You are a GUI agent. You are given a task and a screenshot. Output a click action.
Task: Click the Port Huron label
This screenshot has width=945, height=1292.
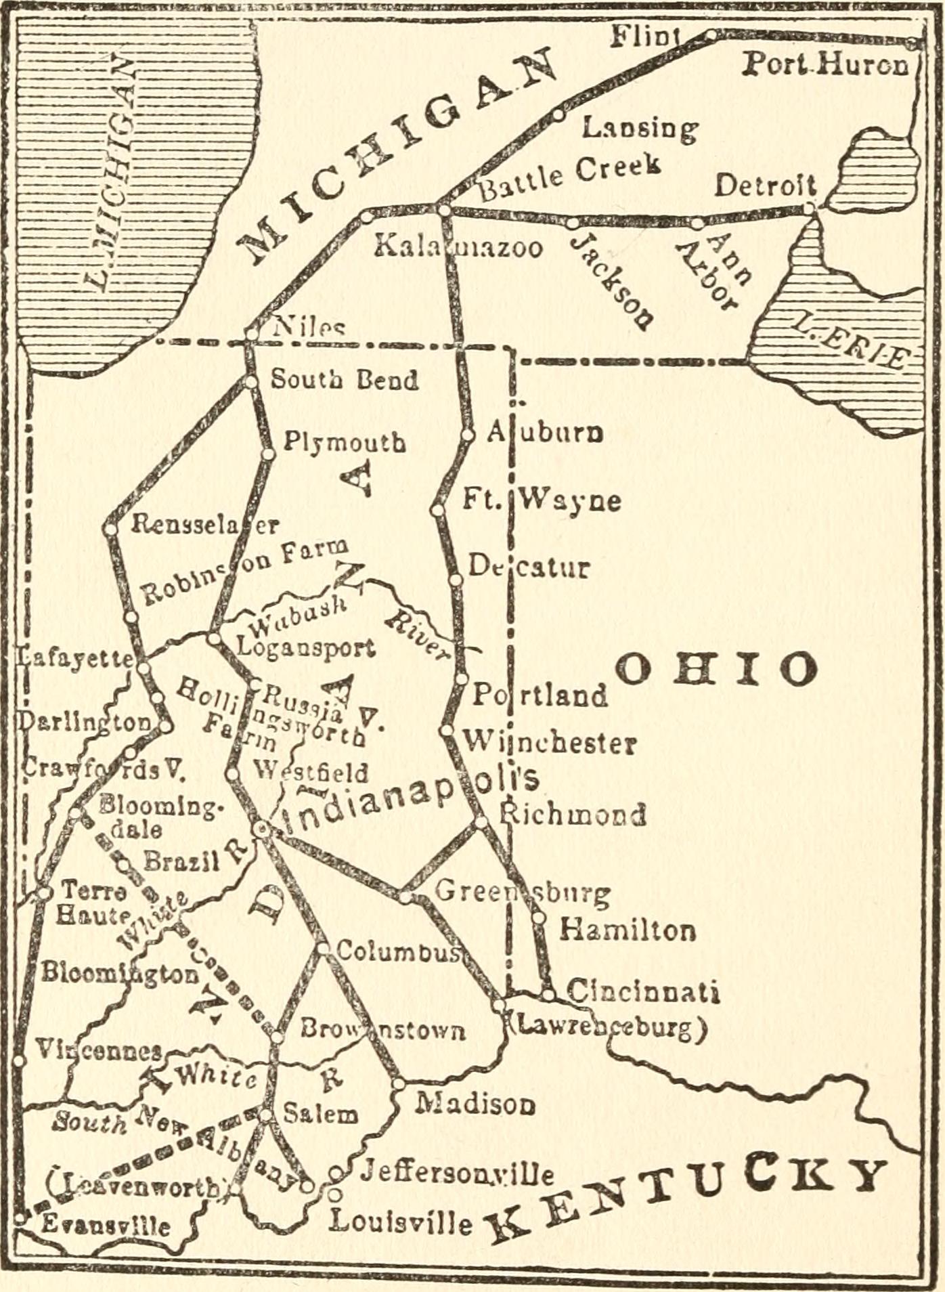(826, 65)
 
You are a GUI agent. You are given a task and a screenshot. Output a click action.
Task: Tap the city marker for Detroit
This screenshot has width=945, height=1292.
(810, 207)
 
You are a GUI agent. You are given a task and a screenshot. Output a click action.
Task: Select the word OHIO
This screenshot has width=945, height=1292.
(716, 669)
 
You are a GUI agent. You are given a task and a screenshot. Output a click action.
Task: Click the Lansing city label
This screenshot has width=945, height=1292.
(640, 128)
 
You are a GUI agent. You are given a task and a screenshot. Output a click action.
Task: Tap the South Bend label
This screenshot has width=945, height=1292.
(344, 380)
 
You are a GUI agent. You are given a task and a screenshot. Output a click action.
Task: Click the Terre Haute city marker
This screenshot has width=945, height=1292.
(44, 892)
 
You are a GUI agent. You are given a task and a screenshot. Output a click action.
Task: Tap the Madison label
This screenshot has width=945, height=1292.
(475, 1104)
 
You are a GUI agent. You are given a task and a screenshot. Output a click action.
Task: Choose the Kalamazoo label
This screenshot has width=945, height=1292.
(458, 247)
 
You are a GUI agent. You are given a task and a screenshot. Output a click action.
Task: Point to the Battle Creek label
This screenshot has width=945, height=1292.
(569, 175)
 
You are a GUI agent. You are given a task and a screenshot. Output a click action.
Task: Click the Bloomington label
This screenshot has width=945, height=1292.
(119, 974)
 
